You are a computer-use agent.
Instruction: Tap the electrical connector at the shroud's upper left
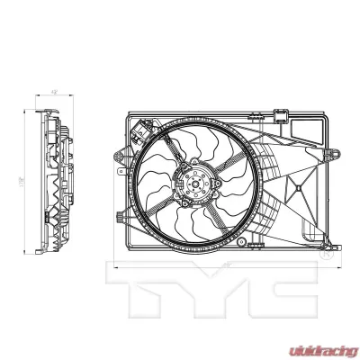(138, 132)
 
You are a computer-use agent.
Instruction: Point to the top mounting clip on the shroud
(282, 116)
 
